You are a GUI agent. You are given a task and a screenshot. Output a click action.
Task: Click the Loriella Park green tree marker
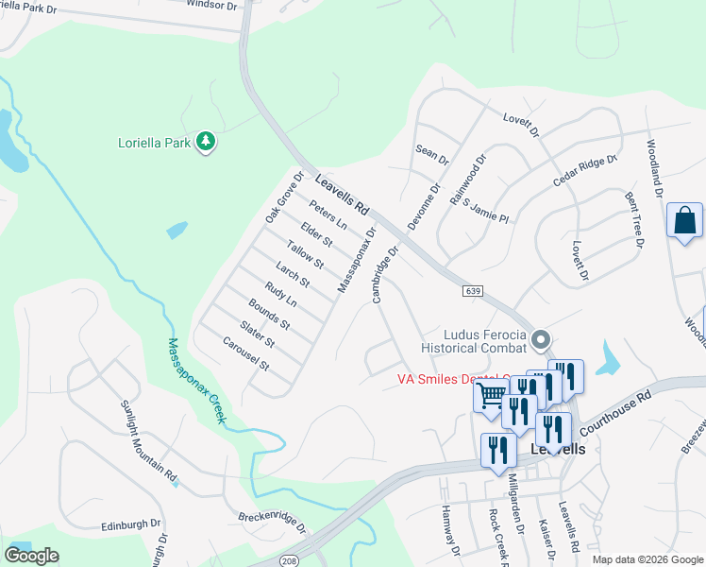point(206,143)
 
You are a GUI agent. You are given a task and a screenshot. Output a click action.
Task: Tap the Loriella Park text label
point(154,144)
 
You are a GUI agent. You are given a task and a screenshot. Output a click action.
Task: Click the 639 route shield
point(474,291)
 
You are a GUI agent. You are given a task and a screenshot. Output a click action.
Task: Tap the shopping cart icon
point(491,396)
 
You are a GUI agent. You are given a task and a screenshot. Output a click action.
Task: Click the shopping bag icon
point(684,221)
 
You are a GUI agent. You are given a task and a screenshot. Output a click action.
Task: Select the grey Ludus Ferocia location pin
point(541,338)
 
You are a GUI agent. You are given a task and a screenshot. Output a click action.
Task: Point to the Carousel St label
point(246,352)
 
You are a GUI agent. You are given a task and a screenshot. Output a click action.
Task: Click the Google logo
point(31,556)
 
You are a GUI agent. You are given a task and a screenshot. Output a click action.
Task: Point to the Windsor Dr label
point(211,5)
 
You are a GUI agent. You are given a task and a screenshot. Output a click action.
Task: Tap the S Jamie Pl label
point(485,211)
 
